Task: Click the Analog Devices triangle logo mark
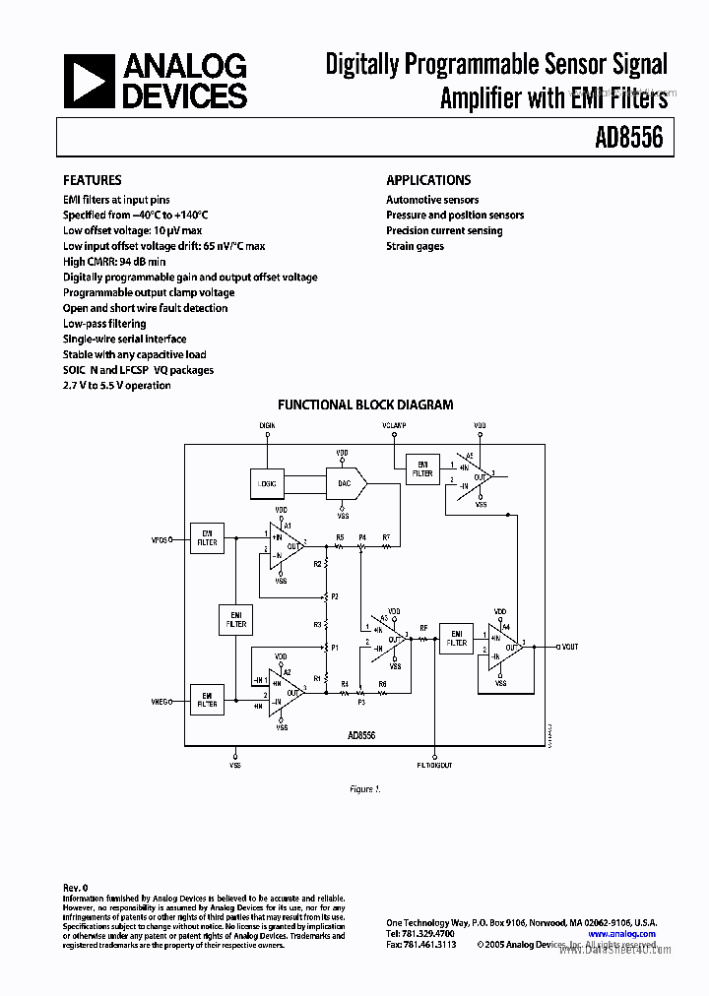coord(88,81)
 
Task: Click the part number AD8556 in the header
coord(627,138)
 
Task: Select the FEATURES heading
coord(93,180)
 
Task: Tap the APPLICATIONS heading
coord(428,180)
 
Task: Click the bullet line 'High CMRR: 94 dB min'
coord(114,262)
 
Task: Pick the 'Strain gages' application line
coord(415,246)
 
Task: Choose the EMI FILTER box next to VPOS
coord(207,538)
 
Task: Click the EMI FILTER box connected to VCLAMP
coord(422,468)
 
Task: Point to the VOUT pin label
coord(568,647)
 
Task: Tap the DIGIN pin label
coord(267,425)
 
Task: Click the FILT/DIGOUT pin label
coord(435,765)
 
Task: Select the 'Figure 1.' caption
coord(364,789)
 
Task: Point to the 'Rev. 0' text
coord(76,887)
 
